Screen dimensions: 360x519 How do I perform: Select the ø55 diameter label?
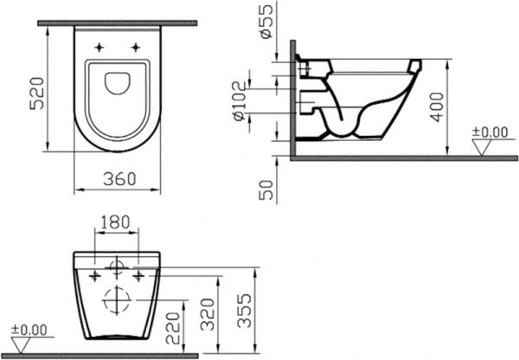tap(266, 19)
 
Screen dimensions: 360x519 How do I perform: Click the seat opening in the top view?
tap(117, 83)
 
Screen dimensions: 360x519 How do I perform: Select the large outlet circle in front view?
tap(115, 300)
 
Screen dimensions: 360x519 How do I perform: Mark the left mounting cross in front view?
tap(92, 275)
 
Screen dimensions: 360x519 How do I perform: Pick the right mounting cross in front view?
tap(138, 275)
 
